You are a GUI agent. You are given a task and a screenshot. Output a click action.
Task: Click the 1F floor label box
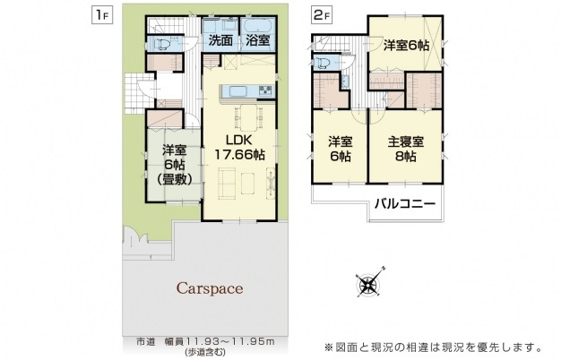[103, 16]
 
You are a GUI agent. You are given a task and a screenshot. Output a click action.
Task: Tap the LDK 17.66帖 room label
[238, 147]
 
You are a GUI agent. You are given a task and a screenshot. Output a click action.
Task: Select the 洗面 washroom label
[220, 41]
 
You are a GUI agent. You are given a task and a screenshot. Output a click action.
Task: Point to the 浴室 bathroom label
[257, 41]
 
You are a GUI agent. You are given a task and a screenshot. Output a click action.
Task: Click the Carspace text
[210, 288]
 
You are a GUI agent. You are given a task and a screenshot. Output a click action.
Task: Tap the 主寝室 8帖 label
[406, 150]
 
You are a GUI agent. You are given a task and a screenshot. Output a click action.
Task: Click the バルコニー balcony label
[405, 204]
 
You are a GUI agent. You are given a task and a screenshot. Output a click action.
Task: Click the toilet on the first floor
[161, 45]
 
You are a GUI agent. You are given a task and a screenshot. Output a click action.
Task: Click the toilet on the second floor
[323, 64]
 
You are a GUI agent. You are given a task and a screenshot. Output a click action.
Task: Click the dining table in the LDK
[248, 117]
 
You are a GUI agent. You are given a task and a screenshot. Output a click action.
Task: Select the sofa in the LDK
[227, 183]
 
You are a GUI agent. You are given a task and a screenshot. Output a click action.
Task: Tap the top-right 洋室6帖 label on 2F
[407, 46]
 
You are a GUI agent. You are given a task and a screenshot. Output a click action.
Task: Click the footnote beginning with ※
[433, 347]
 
